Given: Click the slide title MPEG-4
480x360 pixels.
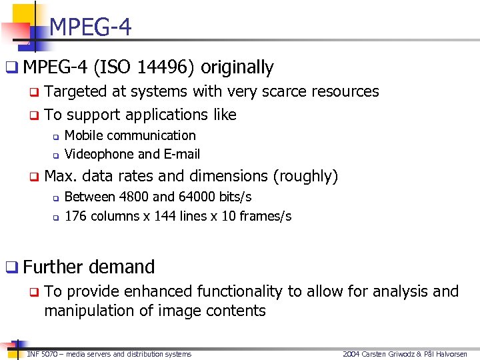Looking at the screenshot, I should click(x=90, y=27).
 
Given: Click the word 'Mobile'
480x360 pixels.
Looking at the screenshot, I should click(x=83, y=135).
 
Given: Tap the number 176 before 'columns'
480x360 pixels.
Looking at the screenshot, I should click(x=75, y=216).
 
